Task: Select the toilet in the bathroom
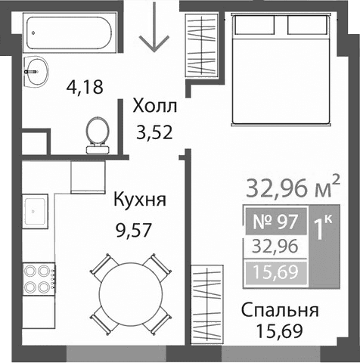[x=96, y=132]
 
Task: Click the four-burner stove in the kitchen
[x=37, y=279]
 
